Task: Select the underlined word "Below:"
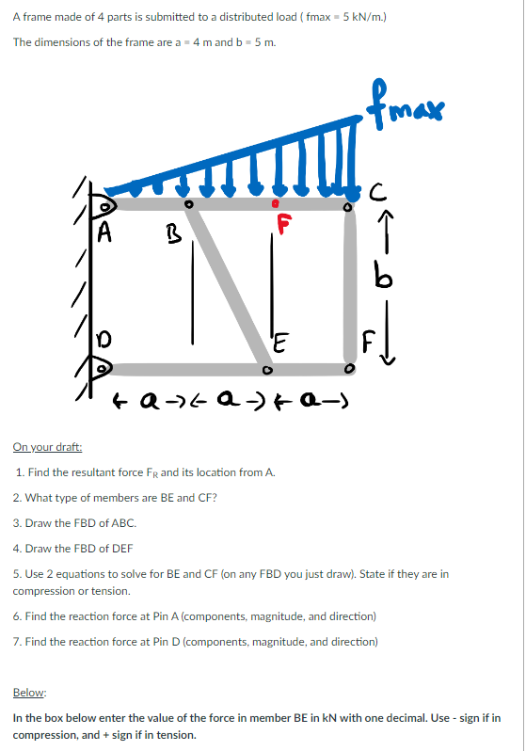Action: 29,692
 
